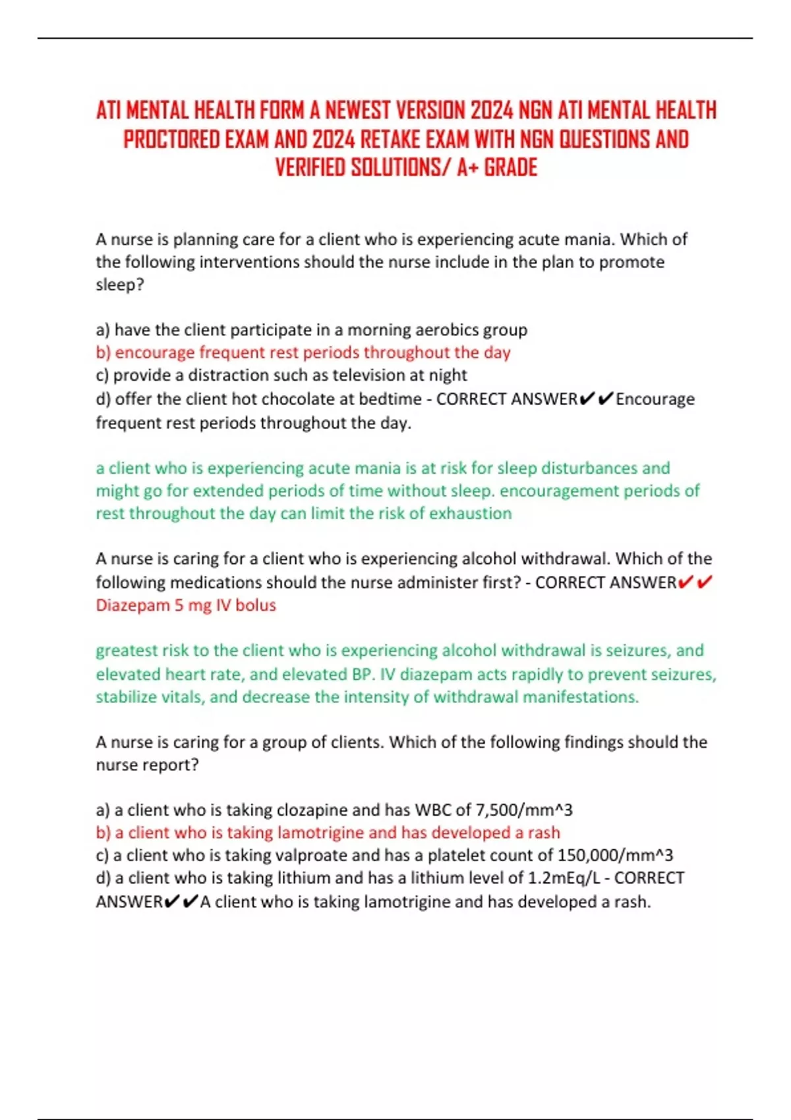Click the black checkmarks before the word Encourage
pyautogui.click(x=597, y=399)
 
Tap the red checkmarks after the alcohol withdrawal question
pyautogui.click(x=695, y=582)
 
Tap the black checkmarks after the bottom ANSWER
pyautogui.click(x=181, y=901)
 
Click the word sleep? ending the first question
pyautogui.click(x=119, y=285)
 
